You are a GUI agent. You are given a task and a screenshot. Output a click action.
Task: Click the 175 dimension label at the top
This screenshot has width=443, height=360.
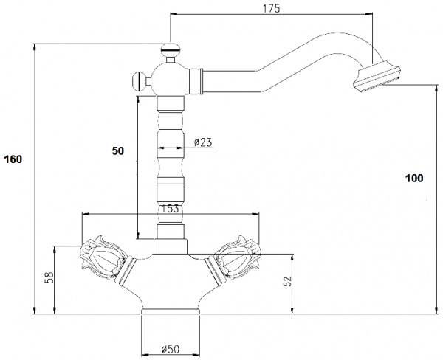[271, 9]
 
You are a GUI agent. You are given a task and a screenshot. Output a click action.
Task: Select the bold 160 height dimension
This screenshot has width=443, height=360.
[13, 159]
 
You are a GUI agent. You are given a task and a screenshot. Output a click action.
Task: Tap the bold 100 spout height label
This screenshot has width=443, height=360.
[414, 179]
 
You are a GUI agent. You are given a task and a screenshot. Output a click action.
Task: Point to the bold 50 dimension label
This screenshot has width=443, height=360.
[118, 151]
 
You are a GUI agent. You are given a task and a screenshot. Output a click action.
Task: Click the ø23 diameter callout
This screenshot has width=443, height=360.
[203, 142]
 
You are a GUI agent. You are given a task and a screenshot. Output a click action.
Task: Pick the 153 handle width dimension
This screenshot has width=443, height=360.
[170, 209]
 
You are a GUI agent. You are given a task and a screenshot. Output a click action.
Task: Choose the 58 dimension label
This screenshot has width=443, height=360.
[49, 277]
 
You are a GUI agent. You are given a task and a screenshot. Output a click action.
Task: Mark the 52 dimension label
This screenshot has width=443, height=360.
[287, 282]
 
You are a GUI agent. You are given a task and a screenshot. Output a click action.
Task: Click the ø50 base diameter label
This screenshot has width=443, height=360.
[171, 349]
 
